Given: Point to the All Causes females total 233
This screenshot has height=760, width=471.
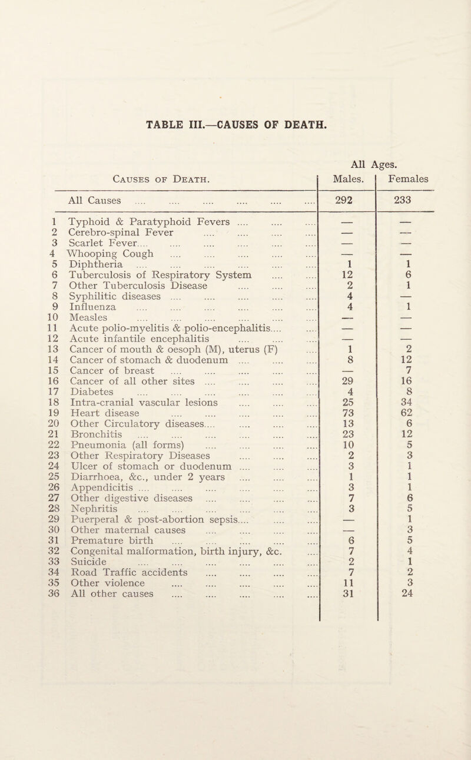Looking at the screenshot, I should pos(419,199).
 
